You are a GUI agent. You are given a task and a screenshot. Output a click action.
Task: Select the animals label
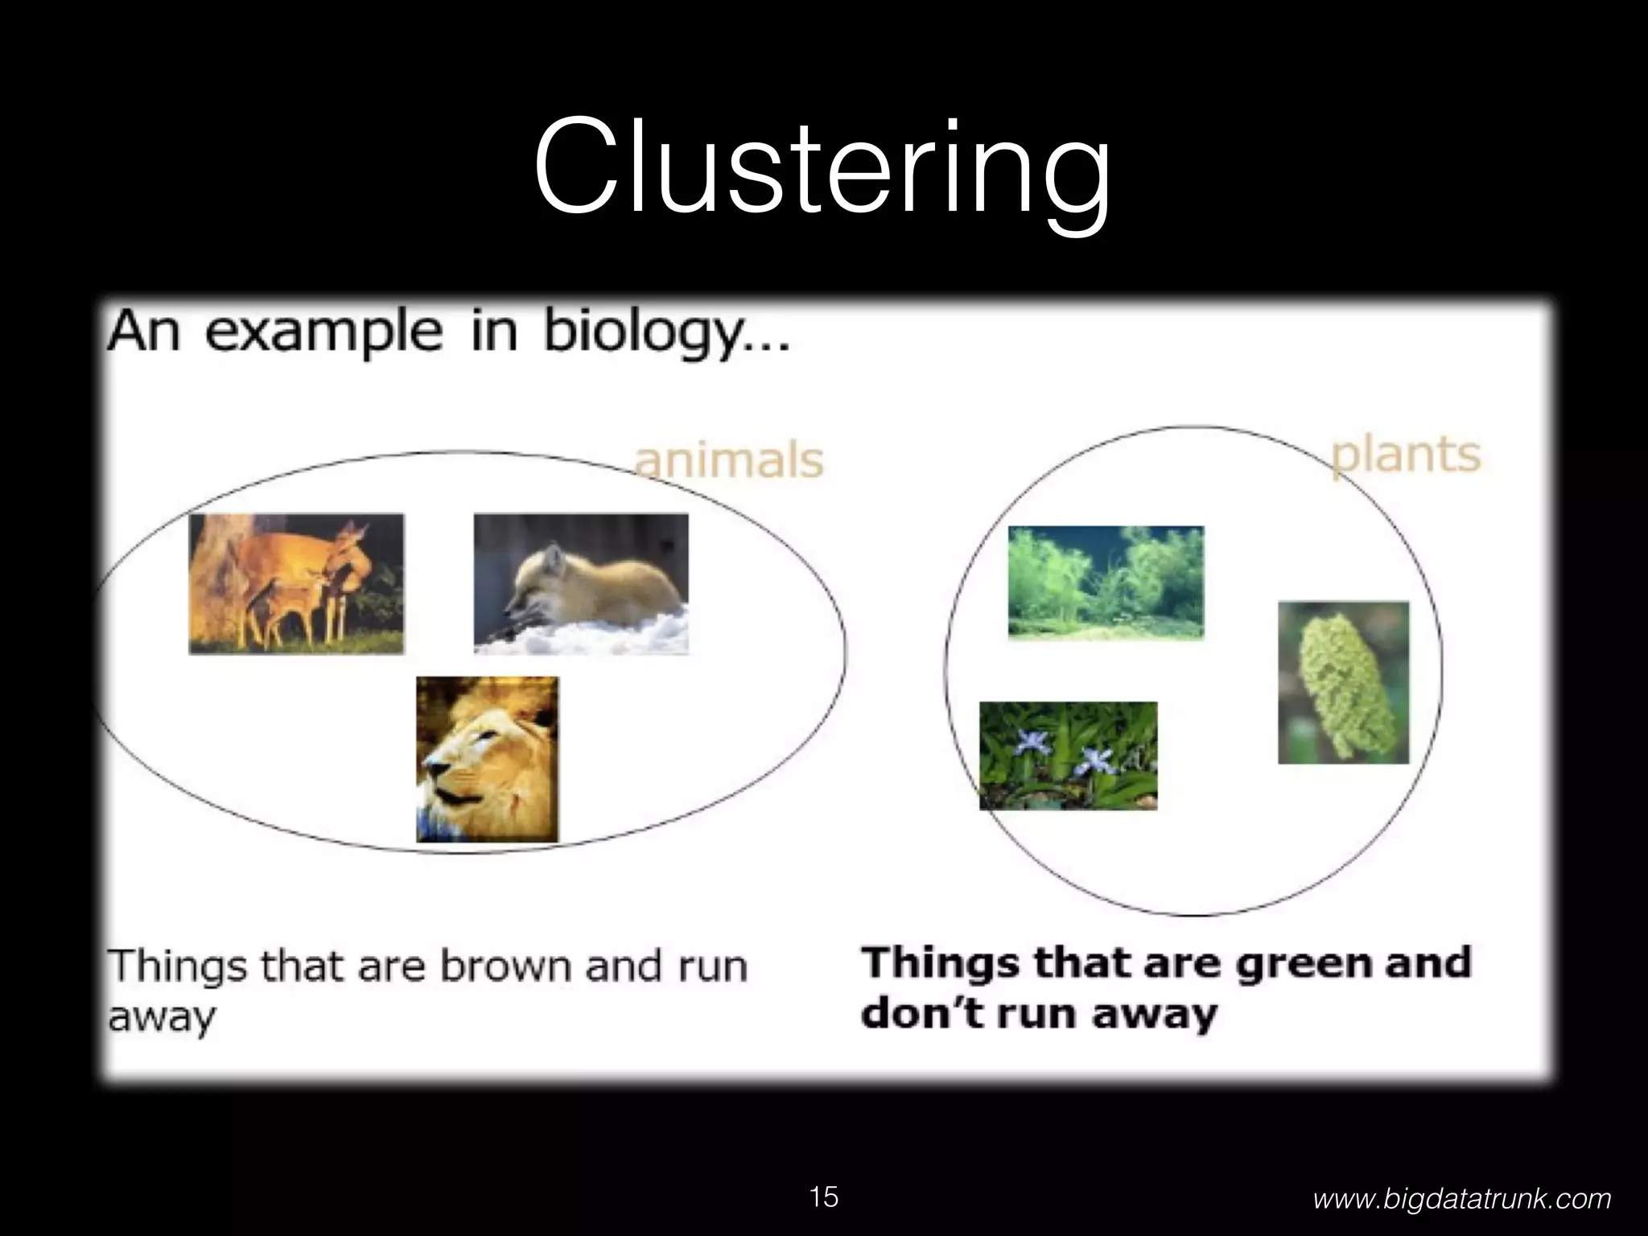(x=729, y=460)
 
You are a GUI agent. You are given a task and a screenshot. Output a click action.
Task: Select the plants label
(x=1405, y=455)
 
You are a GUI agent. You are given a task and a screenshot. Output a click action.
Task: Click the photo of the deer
(x=296, y=583)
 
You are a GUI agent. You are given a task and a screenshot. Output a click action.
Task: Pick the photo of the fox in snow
(x=581, y=583)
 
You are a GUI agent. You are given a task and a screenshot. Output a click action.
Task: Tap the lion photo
(x=487, y=759)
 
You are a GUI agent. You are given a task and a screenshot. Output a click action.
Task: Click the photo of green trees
(x=1106, y=582)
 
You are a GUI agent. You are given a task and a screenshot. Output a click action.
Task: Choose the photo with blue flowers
(x=1068, y=755)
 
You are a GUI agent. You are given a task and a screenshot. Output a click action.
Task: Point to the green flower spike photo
(x=1343, y=682)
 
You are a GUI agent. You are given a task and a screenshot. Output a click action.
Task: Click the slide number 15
(x=823, y=1197)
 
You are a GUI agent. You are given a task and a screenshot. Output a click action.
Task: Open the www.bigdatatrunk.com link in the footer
(x=1461, y=1199)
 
